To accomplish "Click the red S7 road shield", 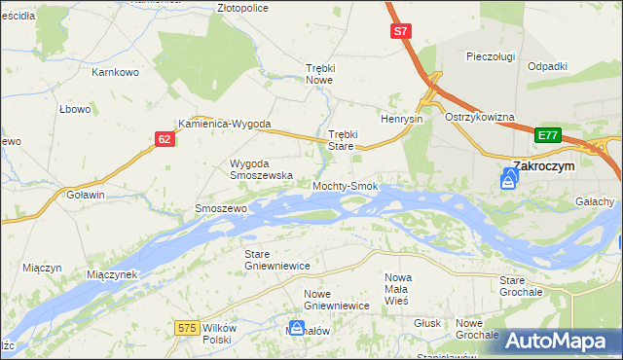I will (400, 32).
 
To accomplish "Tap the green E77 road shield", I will (548, 135).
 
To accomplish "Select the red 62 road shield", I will (165, 140).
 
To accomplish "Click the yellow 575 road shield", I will (189, 329).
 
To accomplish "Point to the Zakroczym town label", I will (544, 165).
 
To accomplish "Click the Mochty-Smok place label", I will (345, 185).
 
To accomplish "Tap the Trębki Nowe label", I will (319, 74).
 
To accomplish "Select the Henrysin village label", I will (401, 119).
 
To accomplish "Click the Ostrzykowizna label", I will (479, 117).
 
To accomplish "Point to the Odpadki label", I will (547, 66).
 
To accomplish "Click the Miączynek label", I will (112, 274).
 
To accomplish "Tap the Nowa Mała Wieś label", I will (397, 289).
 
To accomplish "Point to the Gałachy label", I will (594, 201).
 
